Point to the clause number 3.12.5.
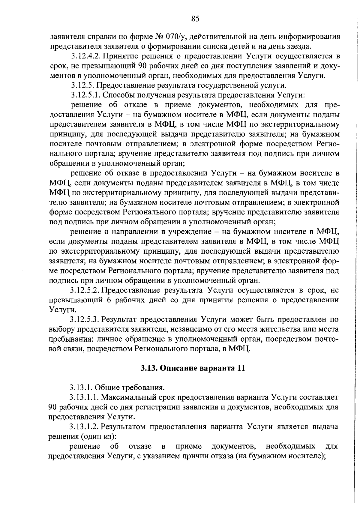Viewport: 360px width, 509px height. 81,85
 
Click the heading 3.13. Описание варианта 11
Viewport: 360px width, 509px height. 193,368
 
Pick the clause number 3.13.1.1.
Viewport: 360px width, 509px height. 84,397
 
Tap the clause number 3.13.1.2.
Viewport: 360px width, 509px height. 84,427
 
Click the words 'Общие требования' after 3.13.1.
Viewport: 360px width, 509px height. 130,388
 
